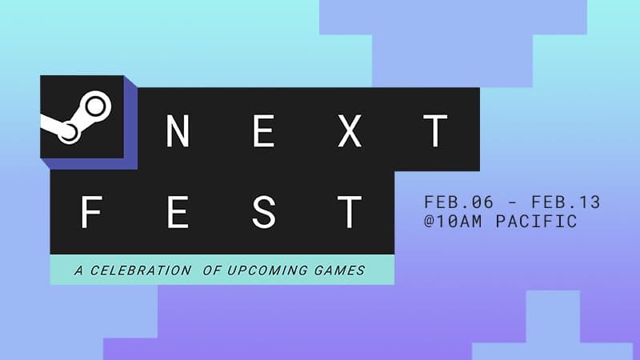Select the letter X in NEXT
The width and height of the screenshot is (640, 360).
pos(350,131)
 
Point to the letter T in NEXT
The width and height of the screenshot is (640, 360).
pos(435,131)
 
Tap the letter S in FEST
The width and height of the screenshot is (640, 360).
pos(266,214)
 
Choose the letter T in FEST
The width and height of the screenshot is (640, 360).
pos(350,214)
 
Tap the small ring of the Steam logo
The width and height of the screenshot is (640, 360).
pos(69,133)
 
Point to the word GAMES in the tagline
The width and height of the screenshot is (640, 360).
pos(340,270)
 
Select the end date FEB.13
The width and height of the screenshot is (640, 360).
pos(569,202)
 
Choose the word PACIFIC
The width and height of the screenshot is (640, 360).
pos(541,222)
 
